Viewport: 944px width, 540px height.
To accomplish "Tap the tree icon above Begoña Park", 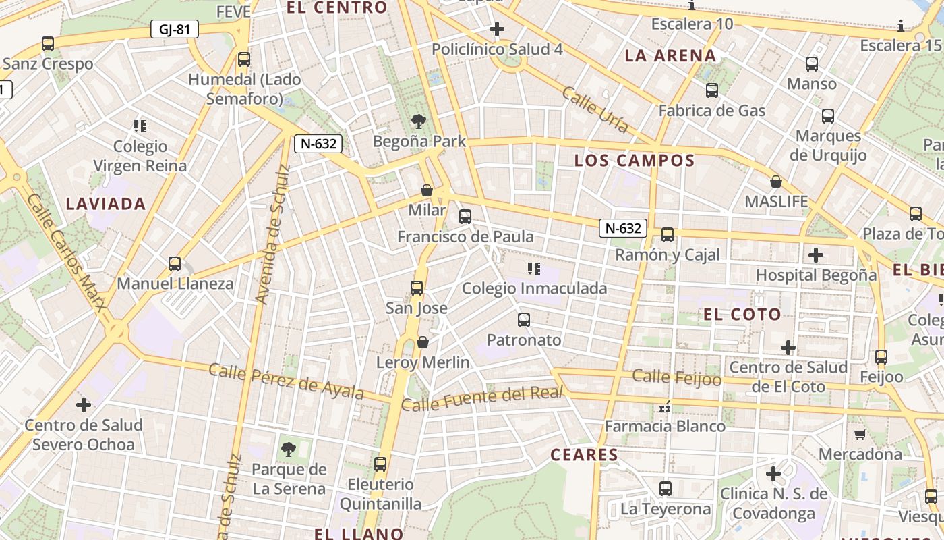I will click(x=419, y=122).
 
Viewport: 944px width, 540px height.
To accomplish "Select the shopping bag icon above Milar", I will click(x=427, y=190).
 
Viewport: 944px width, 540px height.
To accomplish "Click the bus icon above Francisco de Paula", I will click(x=465, y=217).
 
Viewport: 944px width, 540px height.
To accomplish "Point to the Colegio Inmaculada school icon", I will click(x=534, y=269).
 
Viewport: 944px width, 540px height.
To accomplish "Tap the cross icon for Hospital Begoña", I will click(x=816, y=255).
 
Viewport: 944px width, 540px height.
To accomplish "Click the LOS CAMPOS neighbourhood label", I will click(x=634, y=161).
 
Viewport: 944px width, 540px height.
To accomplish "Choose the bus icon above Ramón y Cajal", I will click(x=667, y=235).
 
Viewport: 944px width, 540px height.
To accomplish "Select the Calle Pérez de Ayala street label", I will click(x=286, y=381).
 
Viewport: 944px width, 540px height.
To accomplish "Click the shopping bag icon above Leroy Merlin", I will click(x=423, y=343).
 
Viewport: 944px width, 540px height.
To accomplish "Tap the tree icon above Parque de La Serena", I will click(x=288, y=449).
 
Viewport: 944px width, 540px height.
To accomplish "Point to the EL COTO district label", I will click(x=742, y=314).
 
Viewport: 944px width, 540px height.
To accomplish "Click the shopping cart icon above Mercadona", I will click(x=860, y=434).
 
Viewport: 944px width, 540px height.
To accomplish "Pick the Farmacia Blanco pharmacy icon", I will click(x=665, y=406).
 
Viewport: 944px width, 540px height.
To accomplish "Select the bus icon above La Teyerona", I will click(x=666, y=488).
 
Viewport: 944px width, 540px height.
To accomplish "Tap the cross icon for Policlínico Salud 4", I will click(x=497, y=29).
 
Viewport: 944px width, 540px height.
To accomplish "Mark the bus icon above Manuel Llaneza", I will click(x=175, y=264).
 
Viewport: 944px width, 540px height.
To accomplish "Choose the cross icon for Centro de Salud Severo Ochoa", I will click(x=84, y=405).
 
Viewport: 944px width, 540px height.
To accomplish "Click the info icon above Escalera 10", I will click(x=692, y=6).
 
